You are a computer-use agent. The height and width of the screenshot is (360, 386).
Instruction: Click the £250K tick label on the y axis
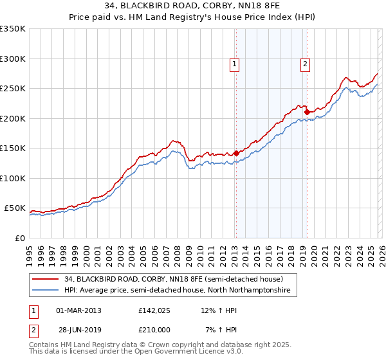coord(13,89)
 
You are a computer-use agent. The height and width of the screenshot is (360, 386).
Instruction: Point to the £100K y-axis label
coord(13,178)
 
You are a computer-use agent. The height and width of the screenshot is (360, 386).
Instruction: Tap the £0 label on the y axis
coord(19,238)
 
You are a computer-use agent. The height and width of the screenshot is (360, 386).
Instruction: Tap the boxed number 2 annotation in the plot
coord(304,64)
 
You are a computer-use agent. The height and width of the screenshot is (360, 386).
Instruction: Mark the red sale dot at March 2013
coord(236,153)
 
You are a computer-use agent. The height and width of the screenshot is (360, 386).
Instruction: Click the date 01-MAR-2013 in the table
coord(78,310)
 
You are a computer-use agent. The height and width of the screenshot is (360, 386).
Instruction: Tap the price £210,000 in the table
coord(153,330)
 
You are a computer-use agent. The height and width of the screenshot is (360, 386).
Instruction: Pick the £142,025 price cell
coord(153,310)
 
